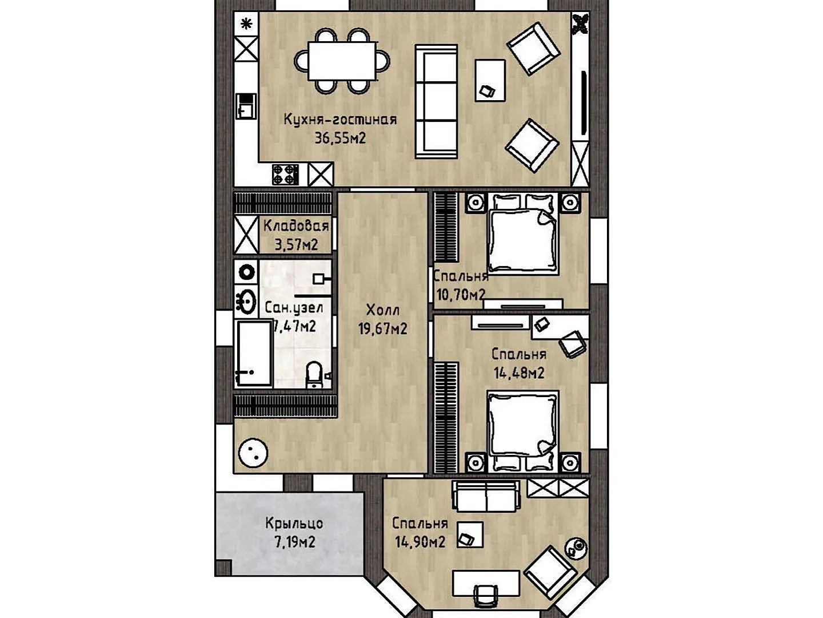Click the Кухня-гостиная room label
(x=340, y=120)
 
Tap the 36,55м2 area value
(x=340, y=138)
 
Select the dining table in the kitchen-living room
(x=342, y=61)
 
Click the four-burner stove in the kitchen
(x=285, y=175)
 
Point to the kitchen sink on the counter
(x=246, y=106)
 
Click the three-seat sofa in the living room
(x=436, y=101)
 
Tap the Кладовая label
(x=296, y=226)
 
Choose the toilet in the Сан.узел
(x=314, y=374)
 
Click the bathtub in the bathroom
(x=254, y=353)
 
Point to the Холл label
(x=383, y=310)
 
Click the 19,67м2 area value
(x=383, y=329)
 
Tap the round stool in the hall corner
(x=253, y=453)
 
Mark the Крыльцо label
(x=294, y=523)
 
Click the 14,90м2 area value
(x=420, y=541)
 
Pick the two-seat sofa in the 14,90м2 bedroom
(x=486, y=496)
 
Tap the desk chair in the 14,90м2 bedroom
(x=486, y=599)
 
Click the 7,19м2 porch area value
(x=295, y=541)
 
